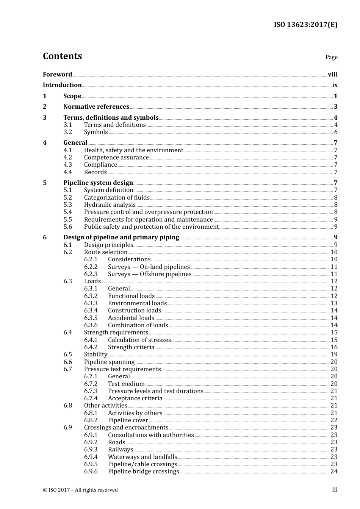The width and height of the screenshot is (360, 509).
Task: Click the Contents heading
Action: point(62,56)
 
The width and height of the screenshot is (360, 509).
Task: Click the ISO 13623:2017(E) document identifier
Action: point(305,25)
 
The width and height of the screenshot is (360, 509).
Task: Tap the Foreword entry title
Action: point(57,74)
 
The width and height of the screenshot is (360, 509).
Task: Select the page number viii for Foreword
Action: point(332,74)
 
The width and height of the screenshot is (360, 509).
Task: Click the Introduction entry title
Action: point(62,85)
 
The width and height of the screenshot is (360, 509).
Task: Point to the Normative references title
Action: point(96,106)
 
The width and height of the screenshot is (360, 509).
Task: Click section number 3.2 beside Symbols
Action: point(67,132)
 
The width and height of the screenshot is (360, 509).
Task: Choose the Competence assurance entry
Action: point(116,157)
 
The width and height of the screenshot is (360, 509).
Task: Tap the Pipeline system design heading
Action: point(98,183)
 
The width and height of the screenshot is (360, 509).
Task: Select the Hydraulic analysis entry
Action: point(110,205)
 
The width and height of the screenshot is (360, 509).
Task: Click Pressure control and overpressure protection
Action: point(148,212)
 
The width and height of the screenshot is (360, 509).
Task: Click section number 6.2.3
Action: point(91,274)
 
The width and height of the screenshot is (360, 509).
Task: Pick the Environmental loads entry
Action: point(137,303)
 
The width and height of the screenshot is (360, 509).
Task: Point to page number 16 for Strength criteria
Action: point(334,347)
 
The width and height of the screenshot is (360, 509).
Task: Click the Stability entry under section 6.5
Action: point(95,354)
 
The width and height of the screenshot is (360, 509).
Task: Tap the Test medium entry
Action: point(126,384)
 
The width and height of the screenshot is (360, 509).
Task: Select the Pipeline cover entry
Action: point(128,420)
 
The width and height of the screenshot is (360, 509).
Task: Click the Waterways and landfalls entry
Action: point(142,457)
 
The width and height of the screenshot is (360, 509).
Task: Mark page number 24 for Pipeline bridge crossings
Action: point(334,471)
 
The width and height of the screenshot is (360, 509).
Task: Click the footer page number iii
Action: point(335,489)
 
